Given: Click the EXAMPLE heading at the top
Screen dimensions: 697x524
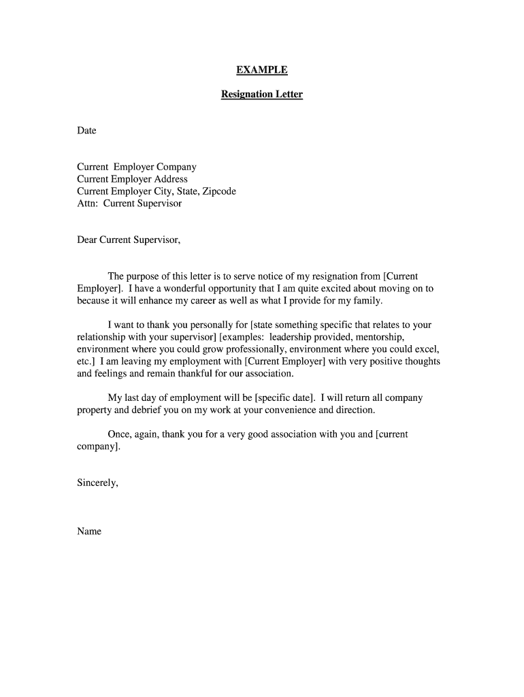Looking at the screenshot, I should (x=262, y=70).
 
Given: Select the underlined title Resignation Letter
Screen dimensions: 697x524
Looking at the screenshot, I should (x=262, y=95).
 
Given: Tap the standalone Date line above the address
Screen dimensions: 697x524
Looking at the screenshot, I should (x=86, y=131).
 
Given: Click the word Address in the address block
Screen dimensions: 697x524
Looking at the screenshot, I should (x=171, y=179).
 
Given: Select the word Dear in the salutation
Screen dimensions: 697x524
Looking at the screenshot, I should (x=87, y=240).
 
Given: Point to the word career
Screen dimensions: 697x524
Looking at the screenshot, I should (x=194, y=301).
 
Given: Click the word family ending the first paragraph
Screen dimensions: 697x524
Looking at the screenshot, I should (x=368, y=301).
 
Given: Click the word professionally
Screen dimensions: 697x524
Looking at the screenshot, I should (x=252, y=350).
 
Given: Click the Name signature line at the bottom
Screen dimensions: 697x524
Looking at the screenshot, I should (x=89, y=532).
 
